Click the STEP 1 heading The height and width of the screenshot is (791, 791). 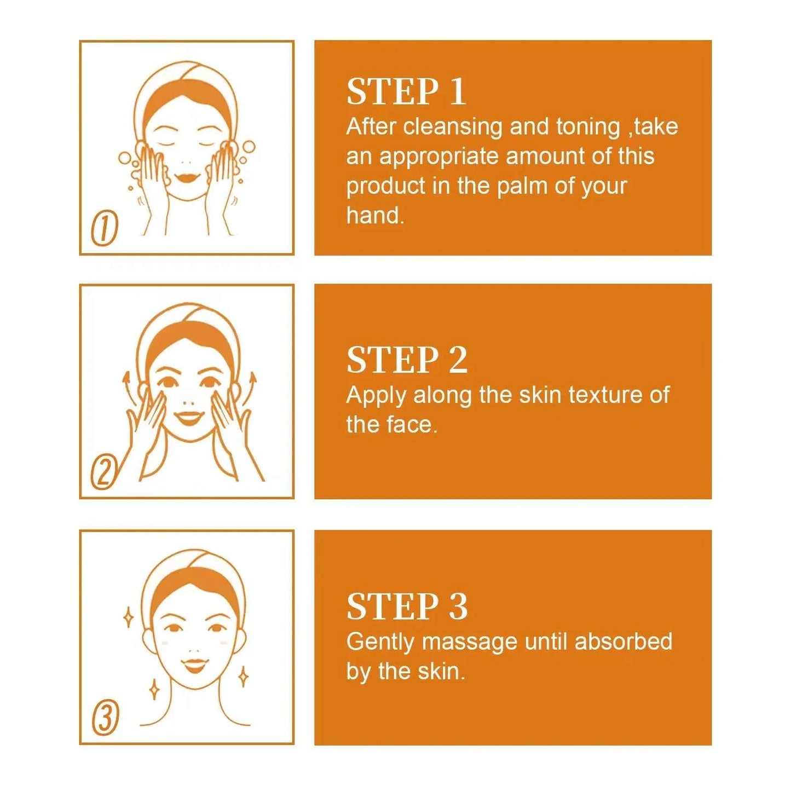point(406,91)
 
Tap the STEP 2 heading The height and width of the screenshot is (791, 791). point(407,360)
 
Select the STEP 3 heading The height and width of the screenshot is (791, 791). point(407,607)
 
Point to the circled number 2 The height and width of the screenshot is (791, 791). point(103,473)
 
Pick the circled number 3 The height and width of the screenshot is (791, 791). point(105,718)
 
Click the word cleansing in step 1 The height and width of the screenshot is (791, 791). point(452,127)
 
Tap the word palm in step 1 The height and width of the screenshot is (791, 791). point(522,186)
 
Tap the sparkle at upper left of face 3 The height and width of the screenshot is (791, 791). point(128,617)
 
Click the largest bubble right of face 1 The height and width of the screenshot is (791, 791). point(249,147)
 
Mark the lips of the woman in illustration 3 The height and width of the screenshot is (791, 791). point(194,666)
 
